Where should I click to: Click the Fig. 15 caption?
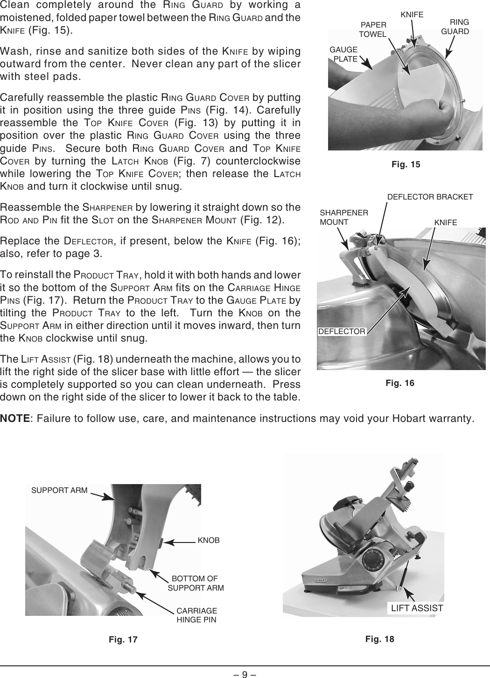405,164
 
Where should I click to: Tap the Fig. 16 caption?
399,383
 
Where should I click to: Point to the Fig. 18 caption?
379,639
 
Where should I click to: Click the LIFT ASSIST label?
417,608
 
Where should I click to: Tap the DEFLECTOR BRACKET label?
430,197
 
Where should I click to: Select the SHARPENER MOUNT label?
344,218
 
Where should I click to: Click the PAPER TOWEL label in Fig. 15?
373,29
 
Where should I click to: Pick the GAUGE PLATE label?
344,54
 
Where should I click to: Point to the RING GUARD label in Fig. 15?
455,27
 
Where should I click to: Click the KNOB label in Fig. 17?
209,541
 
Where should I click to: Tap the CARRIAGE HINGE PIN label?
196,615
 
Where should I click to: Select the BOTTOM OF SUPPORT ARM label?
196,583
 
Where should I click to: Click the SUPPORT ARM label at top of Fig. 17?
59,490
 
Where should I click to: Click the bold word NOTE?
15,417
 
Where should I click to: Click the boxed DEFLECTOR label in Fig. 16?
342,332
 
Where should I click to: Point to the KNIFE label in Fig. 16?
445,222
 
